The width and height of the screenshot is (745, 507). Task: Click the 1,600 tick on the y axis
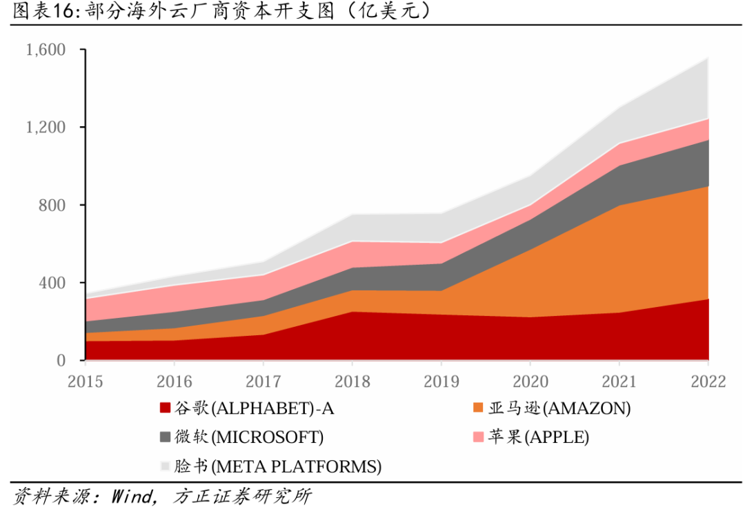pyautogui.click(x=46, y=50)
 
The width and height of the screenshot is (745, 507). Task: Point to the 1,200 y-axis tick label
pyautogui.click(x=46, y=128)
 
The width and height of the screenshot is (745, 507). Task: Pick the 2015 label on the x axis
pyautogui.click(x=86, y=381)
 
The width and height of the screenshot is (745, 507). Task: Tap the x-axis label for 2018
pyautogui.click(x=352, y=381)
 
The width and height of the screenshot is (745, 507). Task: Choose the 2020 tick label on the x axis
pyautogui.click(x=530, y=381)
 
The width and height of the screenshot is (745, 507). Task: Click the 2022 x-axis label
pyautogui.click(x=708, y=381)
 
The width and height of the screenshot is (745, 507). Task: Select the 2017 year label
pyautogui.click(x=263, y=381)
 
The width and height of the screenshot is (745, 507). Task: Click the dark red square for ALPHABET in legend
pyautogui.click(x=165, y=408)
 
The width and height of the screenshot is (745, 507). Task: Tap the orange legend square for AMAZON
pyautogui.click(x=478, y=408)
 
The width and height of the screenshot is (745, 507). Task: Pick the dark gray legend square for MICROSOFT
pyautogui.click(x=165, y=437)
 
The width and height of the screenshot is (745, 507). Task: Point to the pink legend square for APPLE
pyautogui.click(x=478, y=437)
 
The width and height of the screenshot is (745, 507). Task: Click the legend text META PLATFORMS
pyautogui.click(x=296, y=466)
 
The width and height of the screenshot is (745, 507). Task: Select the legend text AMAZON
pyautogui.click(x=587, y=408)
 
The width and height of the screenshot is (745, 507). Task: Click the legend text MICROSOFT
pyautogui.click(x=267, y=437)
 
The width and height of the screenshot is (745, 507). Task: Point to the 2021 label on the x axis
pyautogui.click(x=619, y=381)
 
